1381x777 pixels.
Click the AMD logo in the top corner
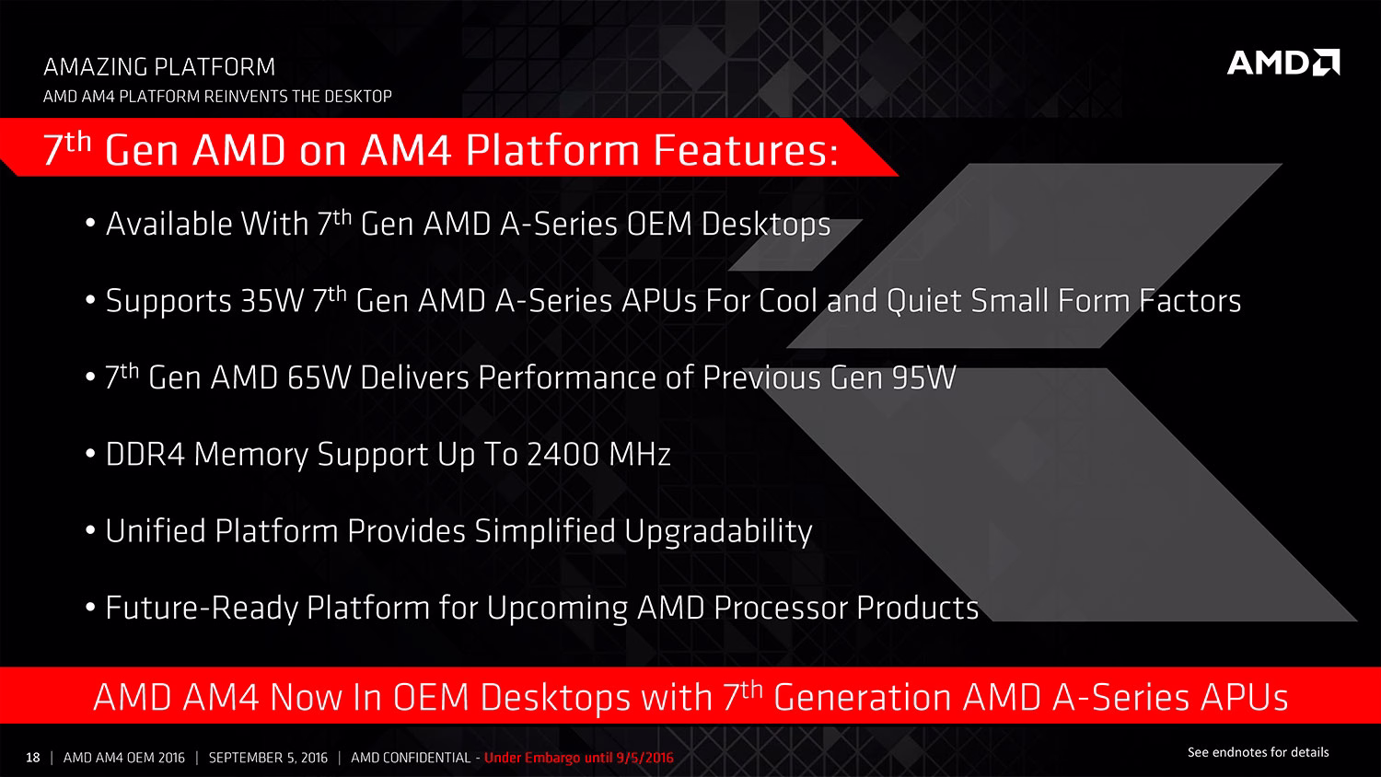tap(1283, 63)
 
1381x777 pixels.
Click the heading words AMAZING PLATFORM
tap(159, 66)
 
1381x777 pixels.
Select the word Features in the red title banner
tap(745, 150)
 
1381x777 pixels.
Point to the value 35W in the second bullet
tap(272, 301)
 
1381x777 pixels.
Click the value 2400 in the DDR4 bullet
tap(563, 455)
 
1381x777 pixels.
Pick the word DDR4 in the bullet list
tap(145, 455)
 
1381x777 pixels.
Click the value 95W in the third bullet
tap(924, 377)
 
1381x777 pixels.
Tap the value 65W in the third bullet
tap(319, 377)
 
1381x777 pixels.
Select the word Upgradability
tap(718, 531)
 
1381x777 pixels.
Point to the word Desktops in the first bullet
tap(766, 224)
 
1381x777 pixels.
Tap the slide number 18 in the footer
tap(32, 758)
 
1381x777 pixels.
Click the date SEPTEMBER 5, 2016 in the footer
tap(268, 758)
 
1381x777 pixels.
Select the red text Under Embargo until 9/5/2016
tap(579, 758)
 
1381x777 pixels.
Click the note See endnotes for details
tap(1258, 752)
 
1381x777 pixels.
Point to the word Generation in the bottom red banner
tap(862, 698)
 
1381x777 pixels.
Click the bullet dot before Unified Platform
tap(90, 531)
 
